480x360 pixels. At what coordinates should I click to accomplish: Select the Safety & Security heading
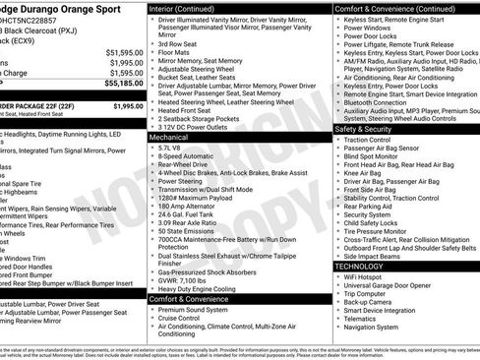click(x=366, y=129)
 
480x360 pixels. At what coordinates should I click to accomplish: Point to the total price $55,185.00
click(x=124, y=86)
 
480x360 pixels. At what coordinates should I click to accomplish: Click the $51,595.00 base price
click(x=124, y=51)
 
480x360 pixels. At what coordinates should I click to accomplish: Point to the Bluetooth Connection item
click(x=384, y=101)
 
